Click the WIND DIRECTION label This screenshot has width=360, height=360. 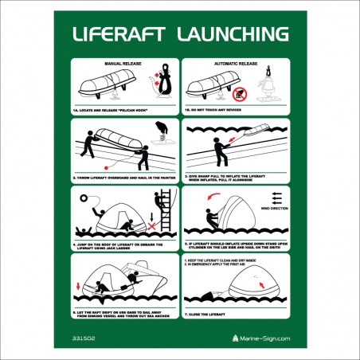(x=273, y=208)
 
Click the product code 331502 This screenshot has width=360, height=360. (x=82, y=339)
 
